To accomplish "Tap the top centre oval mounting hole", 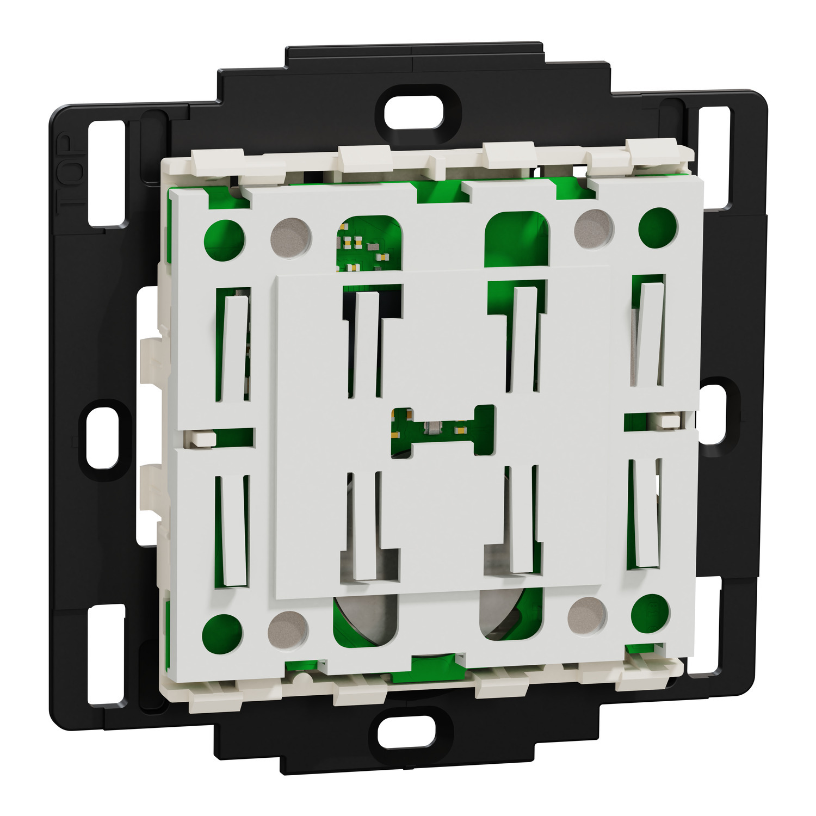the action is tap(414, 114).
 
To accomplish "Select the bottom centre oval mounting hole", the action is tap(407, 731).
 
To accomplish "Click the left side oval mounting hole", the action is tap(102, 437).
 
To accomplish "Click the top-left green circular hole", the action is tap(224, 239).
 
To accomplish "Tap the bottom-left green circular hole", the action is tap(222, 634).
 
